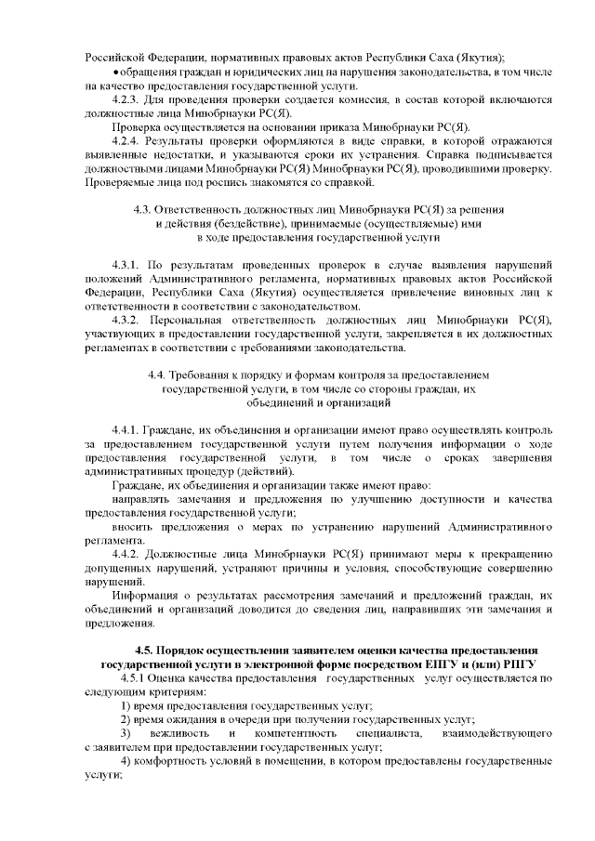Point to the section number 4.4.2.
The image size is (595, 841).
126,554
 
